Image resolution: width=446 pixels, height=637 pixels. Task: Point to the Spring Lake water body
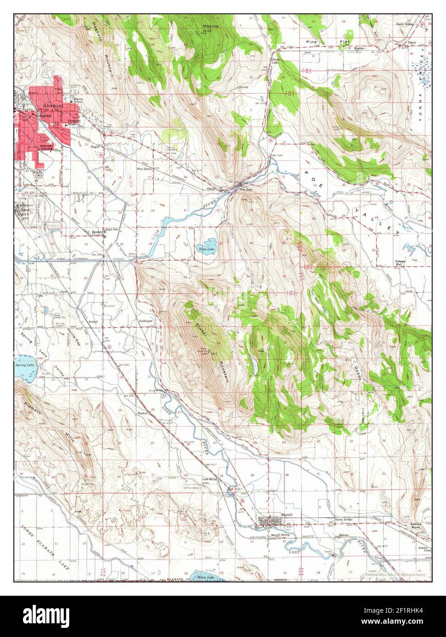click(21, 367)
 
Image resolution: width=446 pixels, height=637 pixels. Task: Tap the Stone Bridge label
click(345, 520)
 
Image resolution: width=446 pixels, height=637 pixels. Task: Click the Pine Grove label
click(144, 169)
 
